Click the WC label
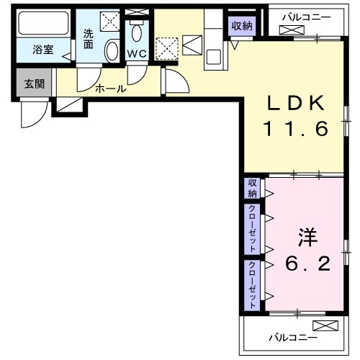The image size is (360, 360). (137, 54)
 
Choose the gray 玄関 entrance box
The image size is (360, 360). (34, 84)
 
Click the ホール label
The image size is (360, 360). (111, 89)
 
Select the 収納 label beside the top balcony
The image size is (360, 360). (242, 27)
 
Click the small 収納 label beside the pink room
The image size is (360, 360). (252, 189)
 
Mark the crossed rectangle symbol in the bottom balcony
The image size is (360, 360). (324, 325)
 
